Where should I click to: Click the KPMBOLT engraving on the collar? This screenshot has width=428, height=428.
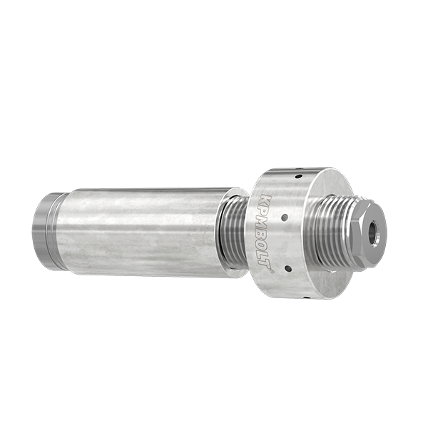(263, 233)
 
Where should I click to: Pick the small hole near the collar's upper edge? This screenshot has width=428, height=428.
(299, 177)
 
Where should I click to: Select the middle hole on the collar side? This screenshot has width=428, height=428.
(285, 218)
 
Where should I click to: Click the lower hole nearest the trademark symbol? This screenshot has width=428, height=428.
(287, 267)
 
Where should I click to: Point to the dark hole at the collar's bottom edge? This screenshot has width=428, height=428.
(307, 296)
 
